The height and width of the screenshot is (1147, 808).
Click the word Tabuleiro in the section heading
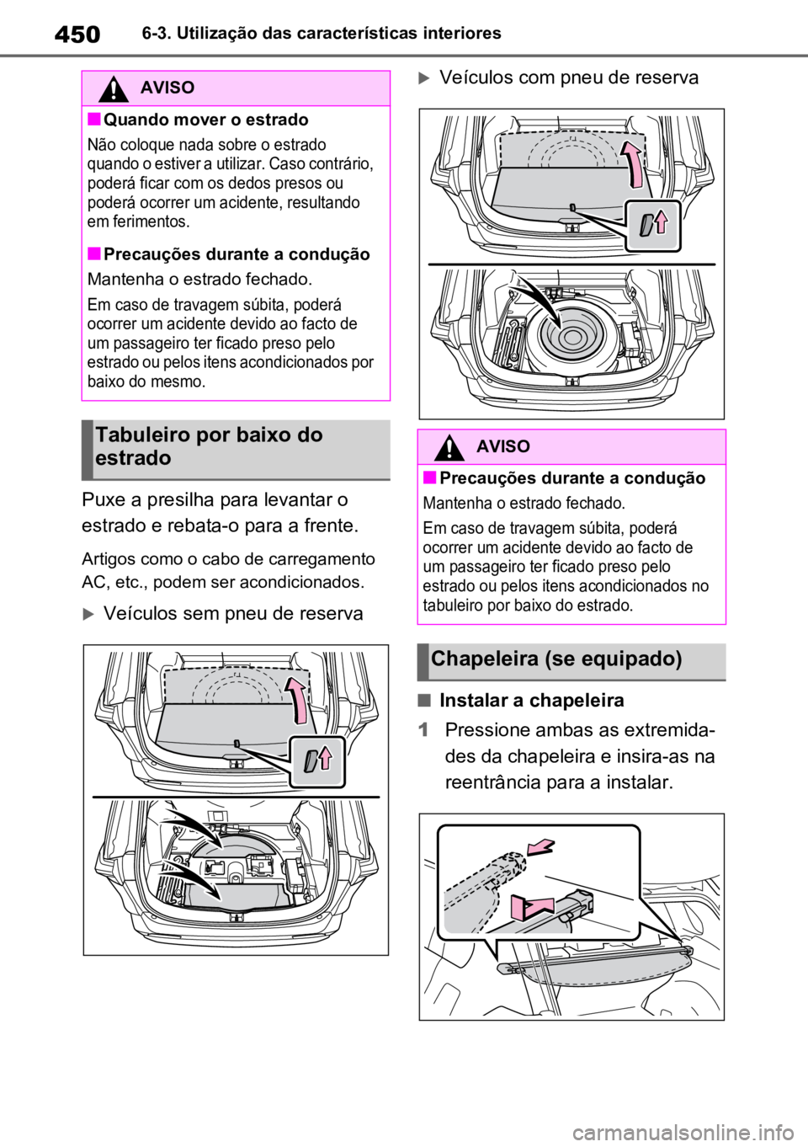[x=137, y=436]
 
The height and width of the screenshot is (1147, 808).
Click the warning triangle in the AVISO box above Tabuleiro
[x=114, y=88]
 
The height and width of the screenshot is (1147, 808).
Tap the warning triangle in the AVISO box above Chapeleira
[x=450, y=446]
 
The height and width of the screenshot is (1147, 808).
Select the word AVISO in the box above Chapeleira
[x=503, y=446]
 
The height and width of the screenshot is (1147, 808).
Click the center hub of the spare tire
[x=571, y=338]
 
